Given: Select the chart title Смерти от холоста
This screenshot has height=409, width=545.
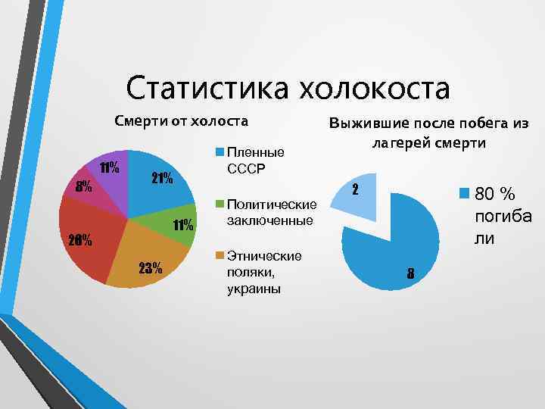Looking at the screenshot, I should (x=181, y=120).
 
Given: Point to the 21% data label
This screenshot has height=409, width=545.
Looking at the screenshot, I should (x=161, y=180).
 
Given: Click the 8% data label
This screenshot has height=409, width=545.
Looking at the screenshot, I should (x=83, y=186).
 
